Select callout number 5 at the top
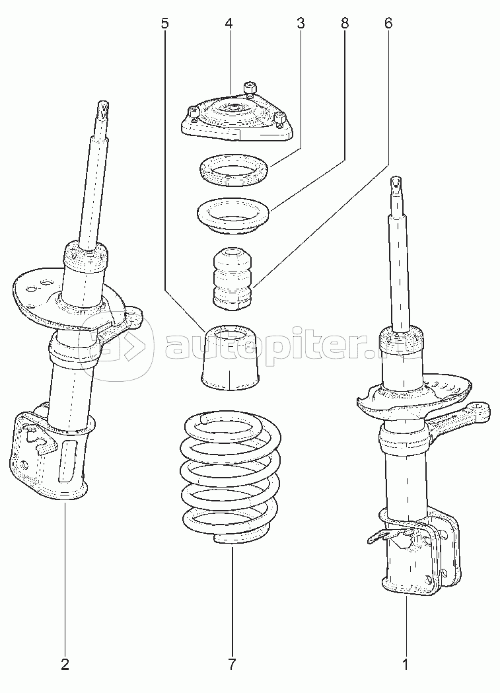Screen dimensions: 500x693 [x=164, y=23]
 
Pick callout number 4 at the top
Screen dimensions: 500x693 [x=229, y=23]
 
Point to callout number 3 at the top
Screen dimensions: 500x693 [x=301, y=23]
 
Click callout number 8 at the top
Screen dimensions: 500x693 [x=345, y=23]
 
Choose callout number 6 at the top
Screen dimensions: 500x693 [x=388, y=23]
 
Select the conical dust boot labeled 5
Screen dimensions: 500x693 [x=229, y=358]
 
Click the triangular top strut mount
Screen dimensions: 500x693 [x=236, y=115]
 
